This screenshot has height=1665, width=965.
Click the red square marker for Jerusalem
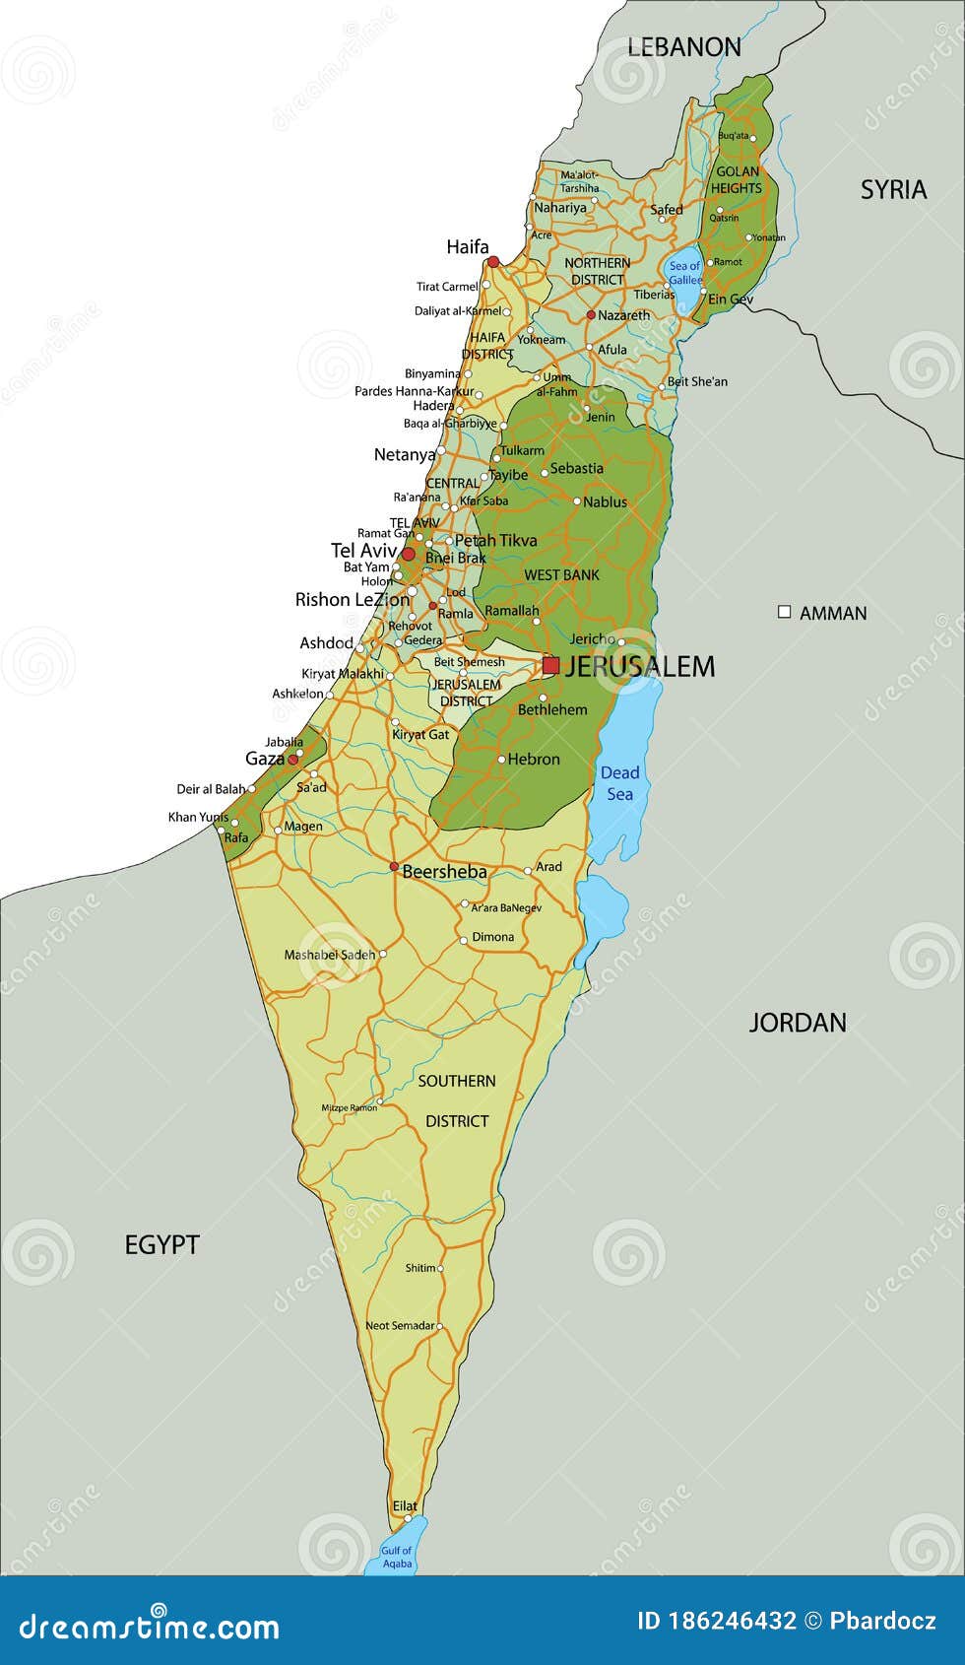[550, 666]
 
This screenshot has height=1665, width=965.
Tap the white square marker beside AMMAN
[785, 612]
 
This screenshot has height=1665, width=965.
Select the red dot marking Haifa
[493, 262]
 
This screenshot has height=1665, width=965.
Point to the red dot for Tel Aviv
[409, 554]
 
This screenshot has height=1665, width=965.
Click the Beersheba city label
[444, 872]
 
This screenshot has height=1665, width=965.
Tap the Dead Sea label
[620, 783]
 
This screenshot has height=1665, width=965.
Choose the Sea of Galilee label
[685, 273]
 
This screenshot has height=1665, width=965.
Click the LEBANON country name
[684, 46]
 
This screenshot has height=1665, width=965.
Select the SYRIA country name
[893, 189]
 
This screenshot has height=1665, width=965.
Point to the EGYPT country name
[161, 1244]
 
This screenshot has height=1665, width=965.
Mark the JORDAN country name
[798, 1023]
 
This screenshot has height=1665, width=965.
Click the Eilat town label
[405, 1505]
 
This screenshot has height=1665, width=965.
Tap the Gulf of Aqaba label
[397, 1557]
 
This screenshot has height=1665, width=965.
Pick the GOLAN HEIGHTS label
[737, 179]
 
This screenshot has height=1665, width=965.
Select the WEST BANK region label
[561, 574]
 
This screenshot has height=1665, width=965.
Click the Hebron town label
[534, 759]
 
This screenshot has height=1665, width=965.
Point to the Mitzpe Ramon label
[349, 1107]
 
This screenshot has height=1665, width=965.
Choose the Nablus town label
[605, 501]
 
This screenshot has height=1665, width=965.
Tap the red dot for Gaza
[293, 760]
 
